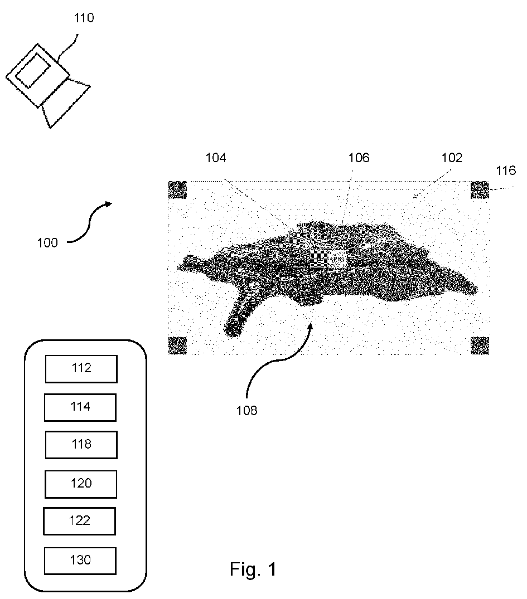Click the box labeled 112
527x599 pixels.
pyautogui.click(x=81, y=369)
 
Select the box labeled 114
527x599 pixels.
pyautogui.click(x=80, y=407)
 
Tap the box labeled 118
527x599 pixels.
pyautogui.click(x=81, y=445)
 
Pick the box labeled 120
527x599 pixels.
pyautogui.click(x=81, y=484)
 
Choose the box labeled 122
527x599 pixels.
pyautogui.click(x=79, y=521)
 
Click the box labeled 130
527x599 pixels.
pyautogui.click(x=80, y=561)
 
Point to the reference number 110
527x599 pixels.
pyautogui.click(x=84, y=18)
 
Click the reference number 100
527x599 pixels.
pyautogui.click(x=47, y=243)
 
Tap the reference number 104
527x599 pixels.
pyautogui.click(x=215, y=158)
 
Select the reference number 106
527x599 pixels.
pyautogui.click(x=359, y=158)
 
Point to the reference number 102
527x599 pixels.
pyautogui.click(x=452, y=158)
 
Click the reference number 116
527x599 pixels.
pyautogui.click(x=506, y=171)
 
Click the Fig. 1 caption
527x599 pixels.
pyautogui.click(x=253, y=569)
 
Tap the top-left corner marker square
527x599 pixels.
pyautogui.click(x=177, y=191)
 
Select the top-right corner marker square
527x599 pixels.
pyautogui.click(x=480, y=190)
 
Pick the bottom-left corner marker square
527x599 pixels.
pyautogui.click(x=177, y=345)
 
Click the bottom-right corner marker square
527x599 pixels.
pyautogui.click(x=480, y=345)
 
